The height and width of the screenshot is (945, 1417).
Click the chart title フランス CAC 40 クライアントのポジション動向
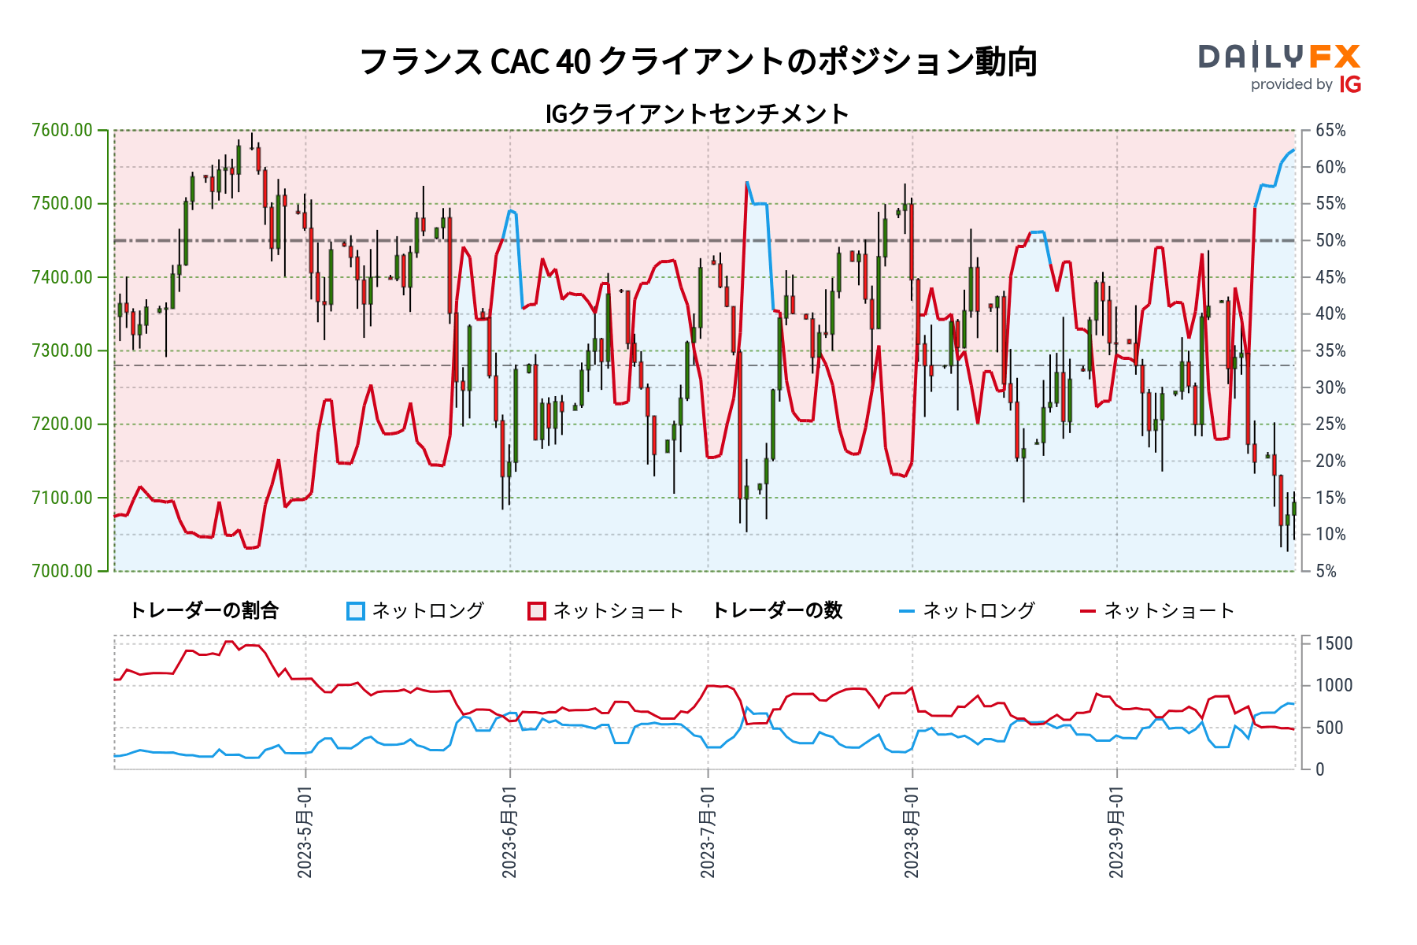697,61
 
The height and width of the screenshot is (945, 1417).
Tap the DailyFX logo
1279,57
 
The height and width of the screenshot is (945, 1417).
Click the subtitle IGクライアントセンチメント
697,114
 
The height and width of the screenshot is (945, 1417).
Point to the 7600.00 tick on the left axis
62,130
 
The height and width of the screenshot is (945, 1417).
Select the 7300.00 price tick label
62,350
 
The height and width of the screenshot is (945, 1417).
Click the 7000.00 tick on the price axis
62,571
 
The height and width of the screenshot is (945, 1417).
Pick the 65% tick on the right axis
1330,130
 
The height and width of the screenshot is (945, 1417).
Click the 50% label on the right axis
1330,240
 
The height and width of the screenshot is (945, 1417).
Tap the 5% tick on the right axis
1326,571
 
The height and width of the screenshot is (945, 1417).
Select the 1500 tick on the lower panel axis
1334,643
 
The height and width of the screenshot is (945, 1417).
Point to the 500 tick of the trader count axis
1330,728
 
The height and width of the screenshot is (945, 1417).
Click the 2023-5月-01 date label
305,831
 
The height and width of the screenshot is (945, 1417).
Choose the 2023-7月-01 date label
707,831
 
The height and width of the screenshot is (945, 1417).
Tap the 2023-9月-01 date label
1116,831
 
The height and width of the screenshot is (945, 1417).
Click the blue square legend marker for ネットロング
356,611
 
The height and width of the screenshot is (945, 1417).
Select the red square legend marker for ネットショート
537,611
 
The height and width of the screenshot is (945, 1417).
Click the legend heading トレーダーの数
777,610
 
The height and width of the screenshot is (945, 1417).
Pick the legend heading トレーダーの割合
204,610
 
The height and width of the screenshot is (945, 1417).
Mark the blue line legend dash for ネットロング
907,611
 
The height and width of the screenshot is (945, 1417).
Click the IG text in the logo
1350,85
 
